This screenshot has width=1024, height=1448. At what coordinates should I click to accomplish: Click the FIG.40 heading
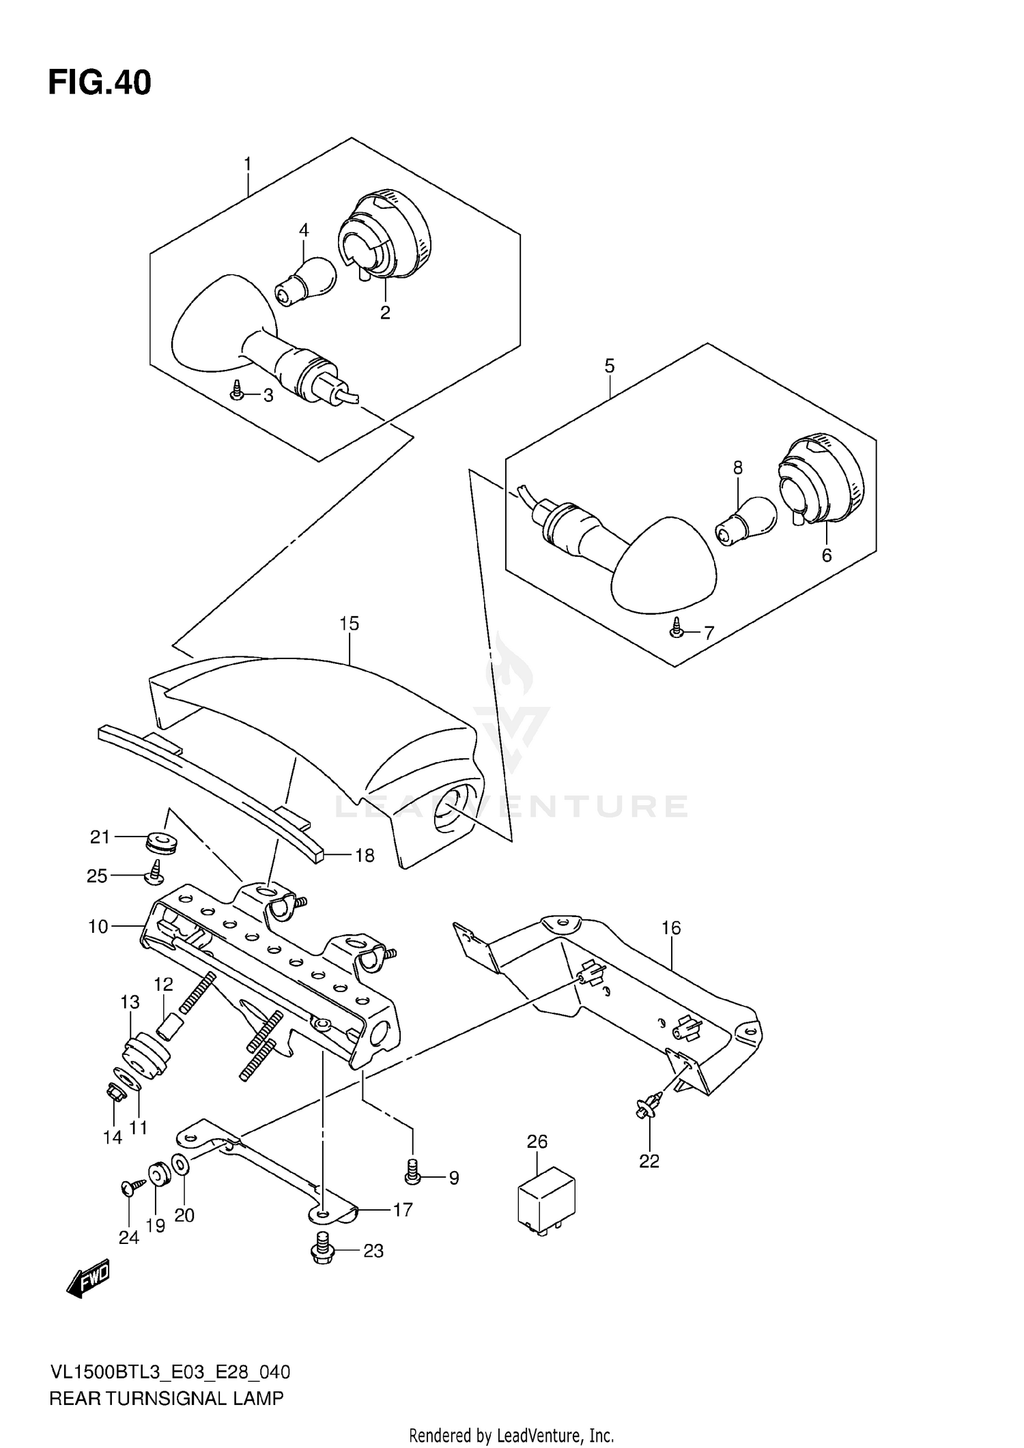point(100,83)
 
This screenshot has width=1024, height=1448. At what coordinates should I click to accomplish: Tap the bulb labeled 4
point(307,280)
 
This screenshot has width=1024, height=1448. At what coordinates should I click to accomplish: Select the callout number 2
point(385,313)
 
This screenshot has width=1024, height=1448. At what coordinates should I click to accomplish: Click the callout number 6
point(827,555)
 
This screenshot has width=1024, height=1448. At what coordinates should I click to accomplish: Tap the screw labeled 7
point(677,628)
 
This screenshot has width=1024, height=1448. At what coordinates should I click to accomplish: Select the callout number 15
point(349,623)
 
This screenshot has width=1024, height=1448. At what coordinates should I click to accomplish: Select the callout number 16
point(671,927)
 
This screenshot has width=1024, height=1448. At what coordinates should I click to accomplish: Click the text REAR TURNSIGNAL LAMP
point(166,1398)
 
